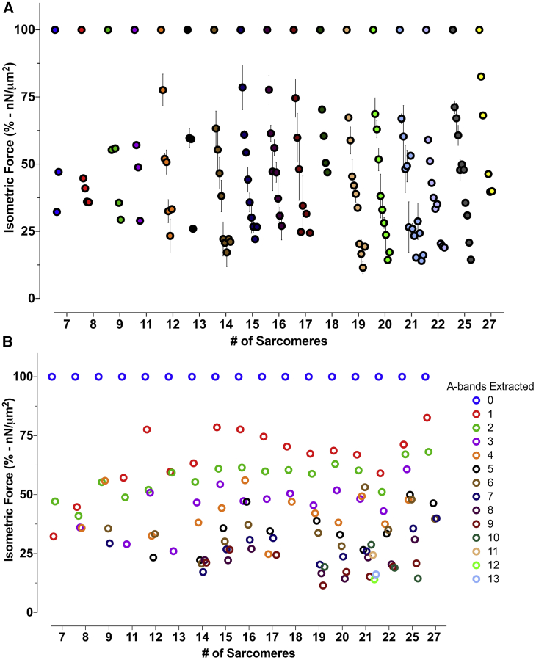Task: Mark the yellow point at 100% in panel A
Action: (479, 29)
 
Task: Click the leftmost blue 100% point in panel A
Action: (55, 29)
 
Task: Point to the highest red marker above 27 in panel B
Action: (427, 418)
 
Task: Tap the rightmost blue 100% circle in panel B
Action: (425, 377)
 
